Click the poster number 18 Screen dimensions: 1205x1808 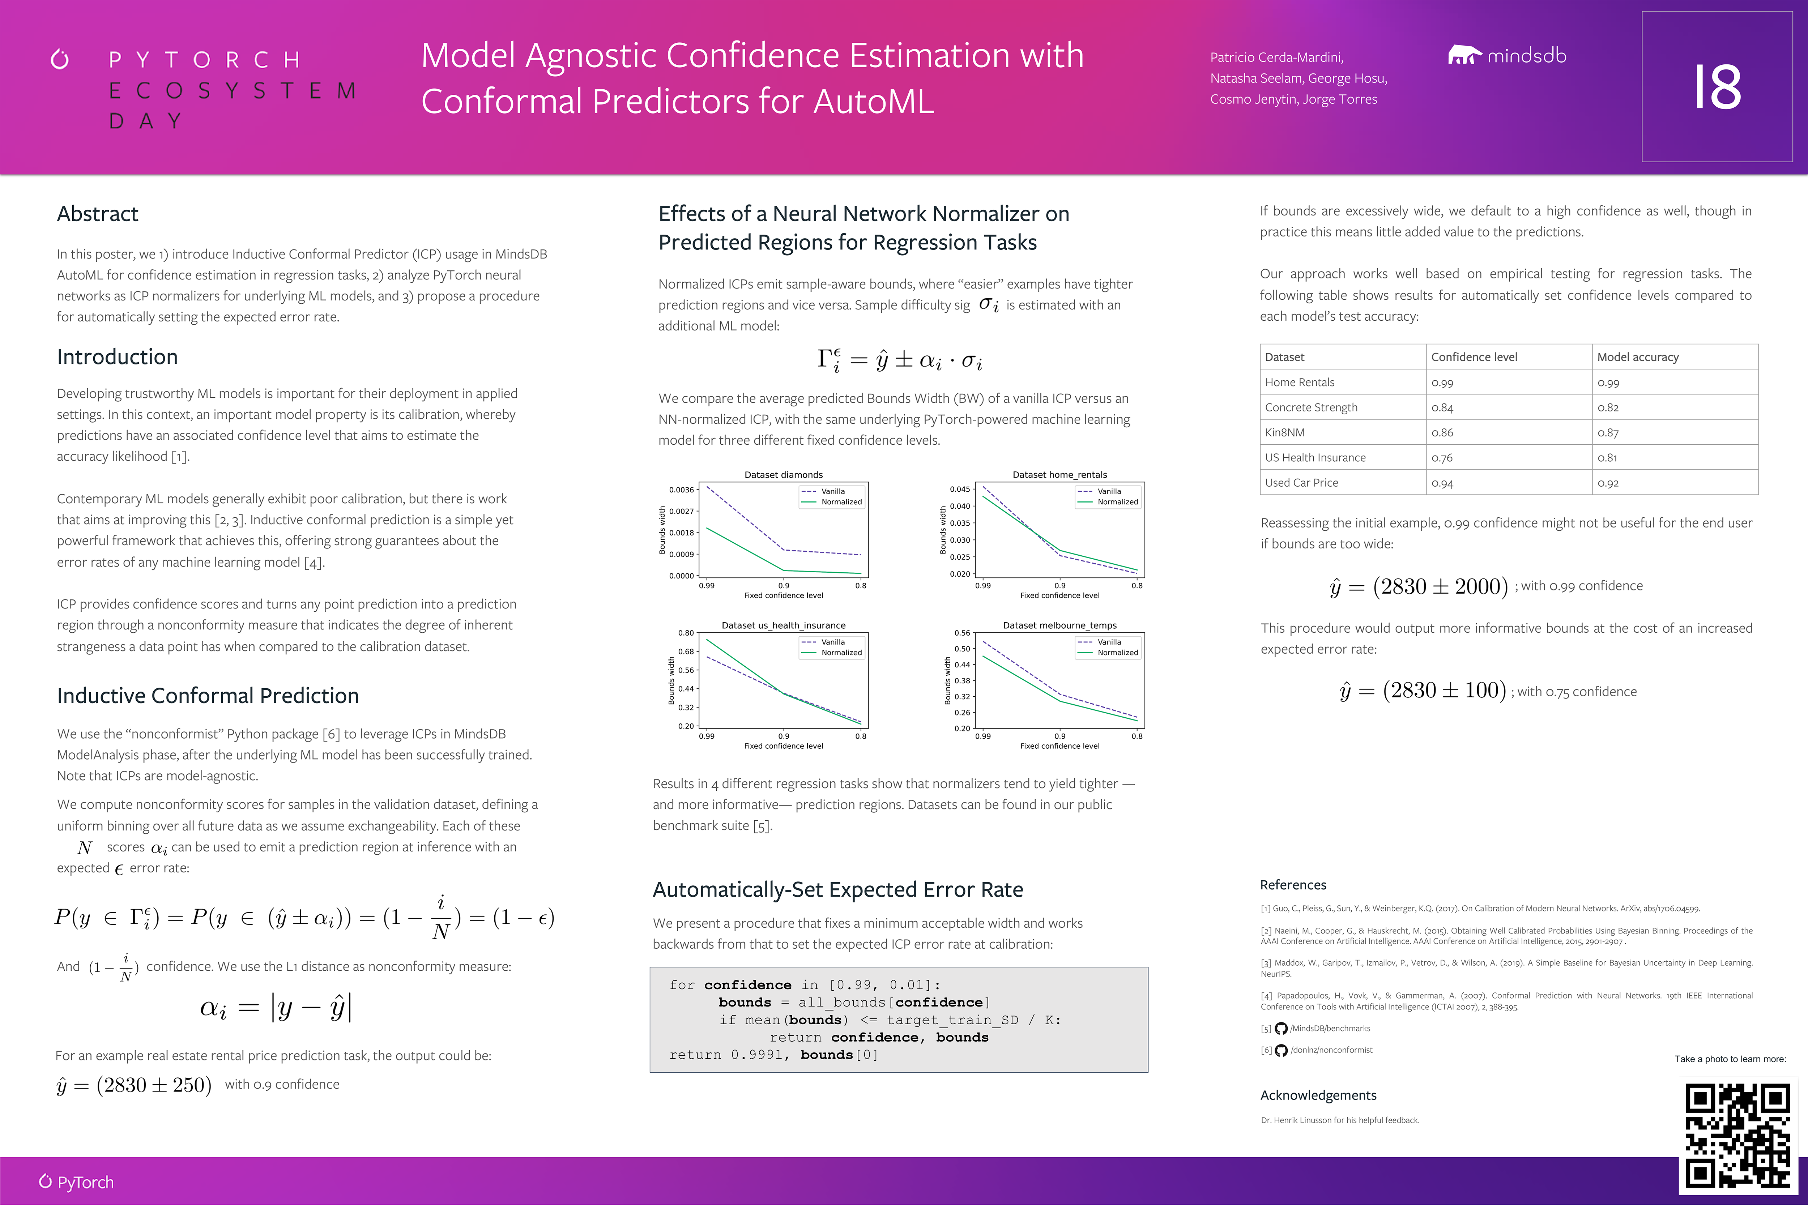click(x=1717, y=87)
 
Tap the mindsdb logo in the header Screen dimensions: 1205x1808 click(x=1507, y=55)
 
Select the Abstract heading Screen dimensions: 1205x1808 click(x=98, y=214)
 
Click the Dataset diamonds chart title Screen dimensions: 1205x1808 click(x=783, y=475)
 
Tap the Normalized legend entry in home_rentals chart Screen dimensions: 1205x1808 click(x=1117, y=502)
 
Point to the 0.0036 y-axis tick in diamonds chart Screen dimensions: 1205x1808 click(x=681, y=490)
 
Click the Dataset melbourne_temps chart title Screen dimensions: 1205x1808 click(x=1059, y=625)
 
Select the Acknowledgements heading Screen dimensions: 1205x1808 click(x=1318, y=1095)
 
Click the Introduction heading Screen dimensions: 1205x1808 click(x=117, y=356)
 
